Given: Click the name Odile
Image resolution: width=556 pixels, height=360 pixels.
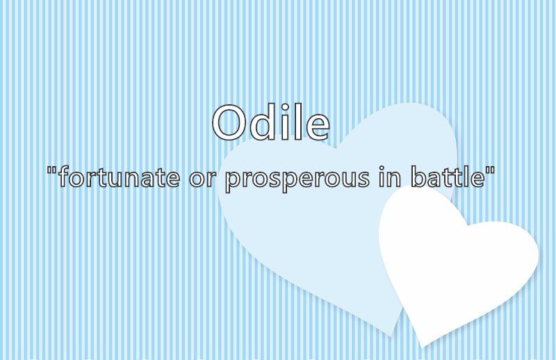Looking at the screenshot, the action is coord(271,122).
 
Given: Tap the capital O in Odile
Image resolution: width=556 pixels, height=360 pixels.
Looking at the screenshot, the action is coord(229,122).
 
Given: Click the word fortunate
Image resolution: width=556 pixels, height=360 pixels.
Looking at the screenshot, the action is coord(119,177).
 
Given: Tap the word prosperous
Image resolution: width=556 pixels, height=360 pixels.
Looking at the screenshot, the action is coord(297,179).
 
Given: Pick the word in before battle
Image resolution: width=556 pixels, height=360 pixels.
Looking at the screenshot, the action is coord(389,177).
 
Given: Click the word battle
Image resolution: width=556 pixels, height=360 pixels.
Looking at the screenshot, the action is coord(448,177).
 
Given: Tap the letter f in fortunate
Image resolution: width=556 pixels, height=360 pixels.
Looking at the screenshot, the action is coord(64,177).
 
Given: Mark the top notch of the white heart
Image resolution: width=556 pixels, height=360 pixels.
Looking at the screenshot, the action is coord(468,225).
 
